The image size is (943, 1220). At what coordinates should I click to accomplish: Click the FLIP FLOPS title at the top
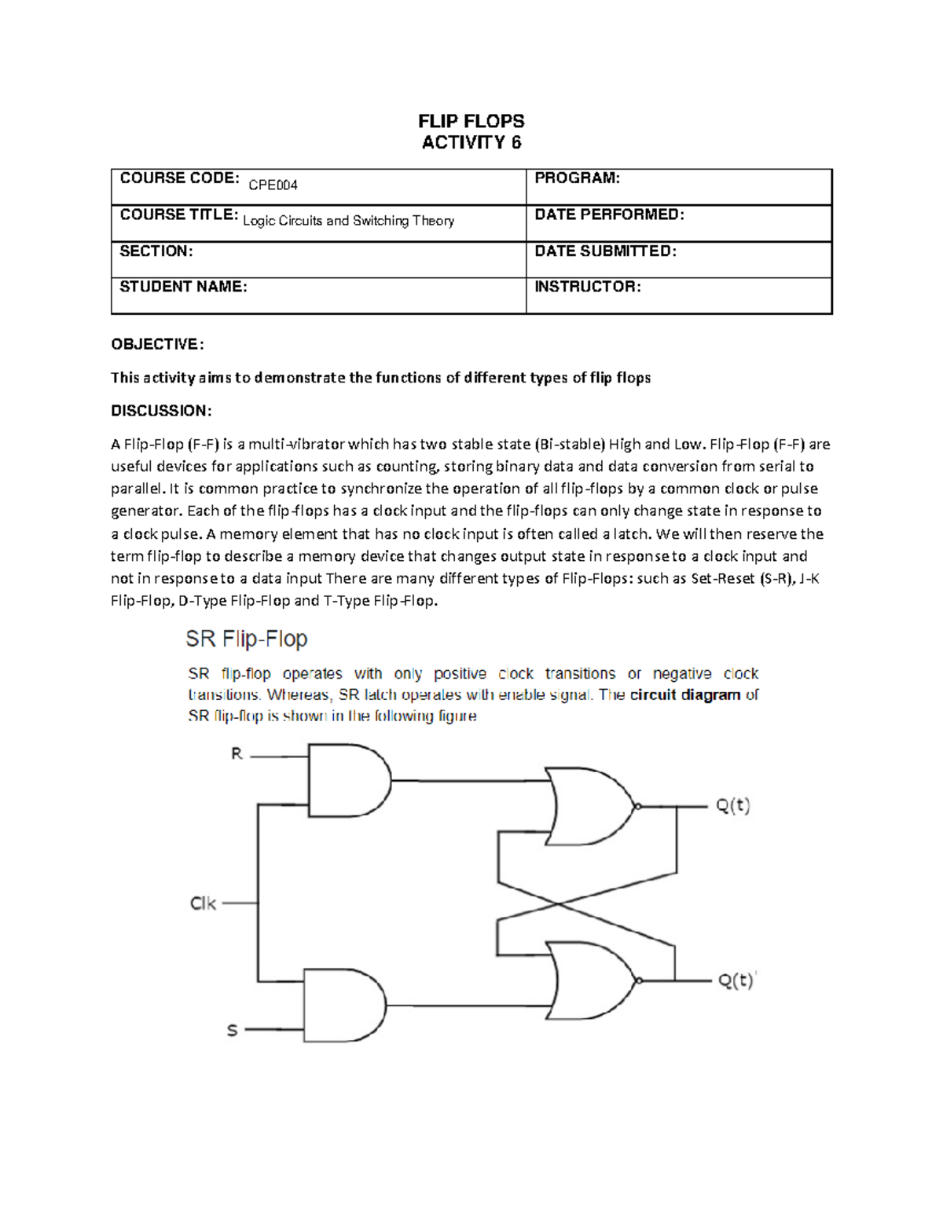tap(471, 121)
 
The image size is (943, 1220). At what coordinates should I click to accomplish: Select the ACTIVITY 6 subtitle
tap(471, 142)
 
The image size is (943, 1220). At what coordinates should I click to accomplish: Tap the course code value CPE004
tap(273, 185)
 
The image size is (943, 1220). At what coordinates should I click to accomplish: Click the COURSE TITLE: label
tap(178, 214)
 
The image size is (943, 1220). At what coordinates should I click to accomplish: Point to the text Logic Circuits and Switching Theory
tap(348, 221)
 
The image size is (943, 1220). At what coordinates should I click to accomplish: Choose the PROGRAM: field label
tap(577, 178)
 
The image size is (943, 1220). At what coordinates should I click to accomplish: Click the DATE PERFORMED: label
tap(609, 214)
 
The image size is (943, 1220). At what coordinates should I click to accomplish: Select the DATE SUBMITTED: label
tap(605, 251)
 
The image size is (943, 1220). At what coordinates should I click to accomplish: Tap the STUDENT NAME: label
tap(183, 287)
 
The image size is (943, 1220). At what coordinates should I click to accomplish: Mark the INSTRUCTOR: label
tap(587, 287)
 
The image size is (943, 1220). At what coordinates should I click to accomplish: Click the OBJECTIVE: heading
tap(157, 344)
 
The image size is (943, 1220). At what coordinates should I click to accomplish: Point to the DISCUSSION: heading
tap(161, 411)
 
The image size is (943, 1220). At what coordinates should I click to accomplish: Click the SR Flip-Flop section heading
tap(246, 639)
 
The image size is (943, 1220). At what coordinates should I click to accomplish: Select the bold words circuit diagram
tap(684, 694)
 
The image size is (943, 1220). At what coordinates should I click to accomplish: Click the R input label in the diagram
tap(237, 754)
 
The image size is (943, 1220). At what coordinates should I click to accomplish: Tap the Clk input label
tap(203, 903)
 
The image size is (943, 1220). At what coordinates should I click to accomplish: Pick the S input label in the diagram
tap(232, 1030)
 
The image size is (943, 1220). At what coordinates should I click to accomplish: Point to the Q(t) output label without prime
tap(732, 806)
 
